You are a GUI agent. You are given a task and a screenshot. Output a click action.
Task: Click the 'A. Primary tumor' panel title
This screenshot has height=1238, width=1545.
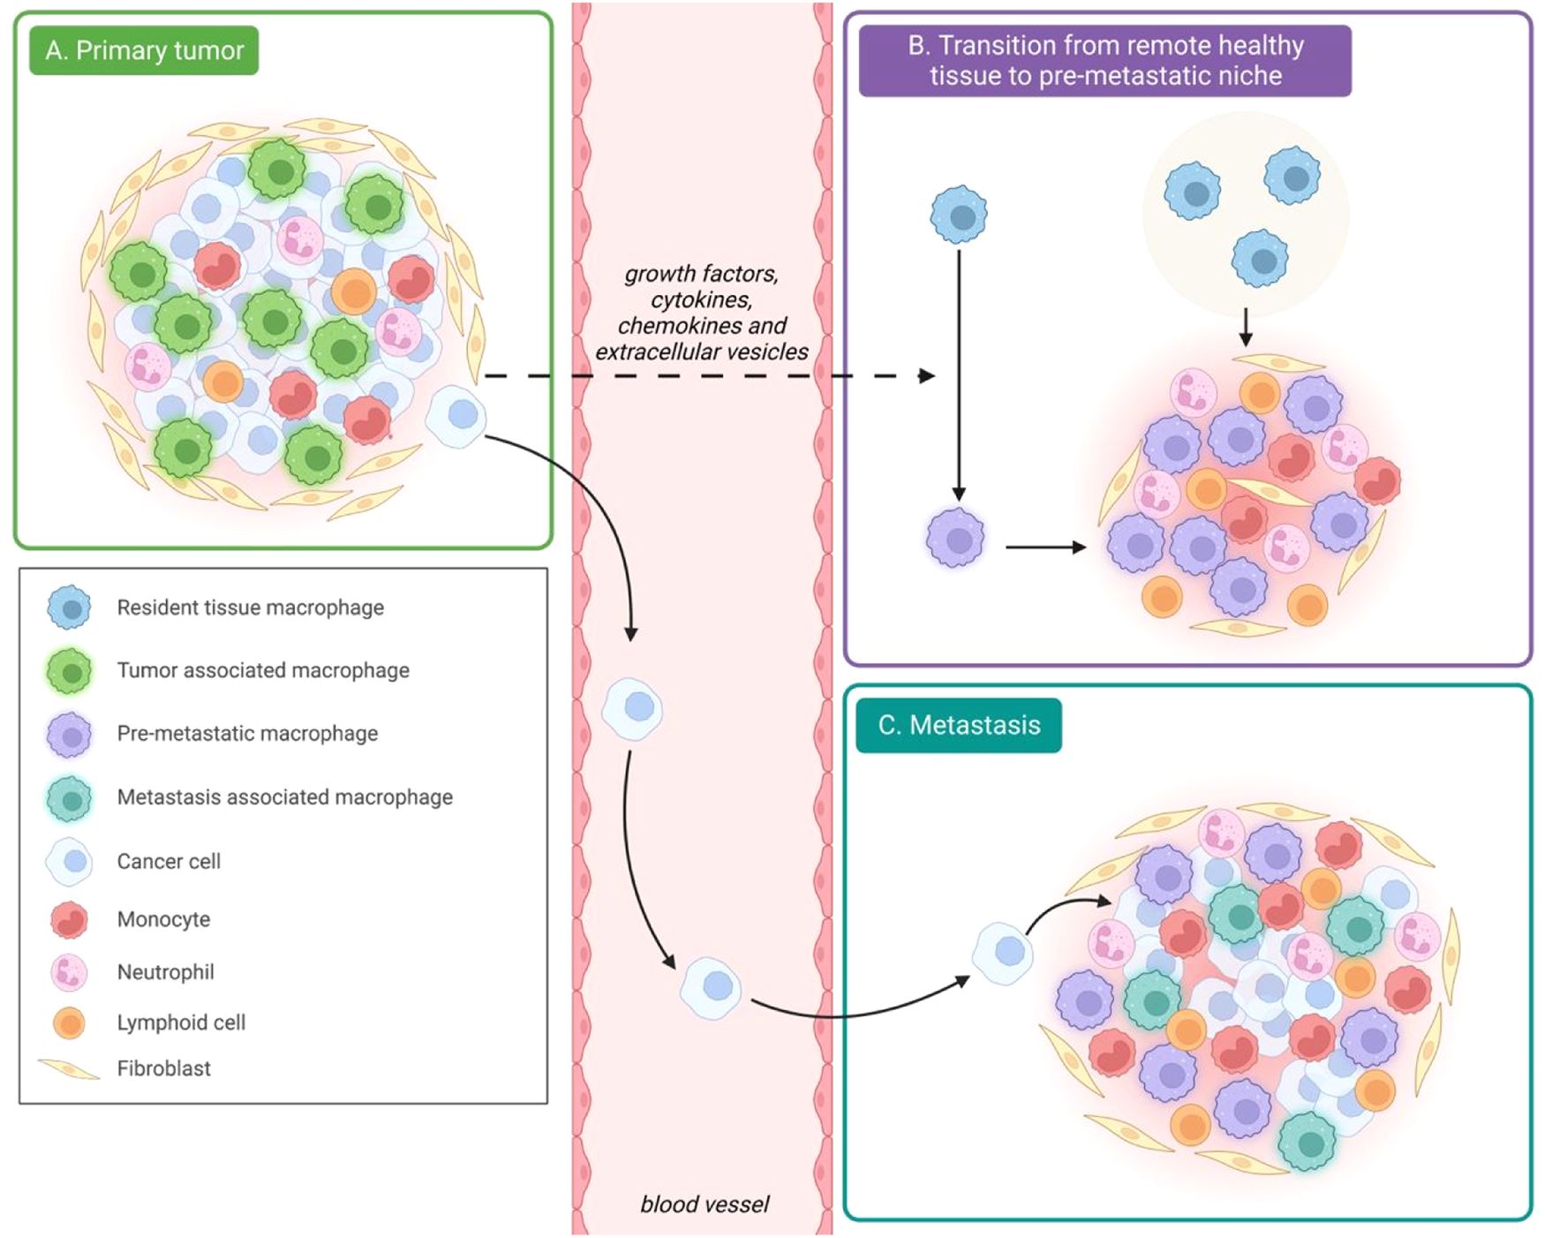(x=144, y=50)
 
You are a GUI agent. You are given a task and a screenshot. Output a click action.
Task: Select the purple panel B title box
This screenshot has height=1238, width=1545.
(x=1104, y=60)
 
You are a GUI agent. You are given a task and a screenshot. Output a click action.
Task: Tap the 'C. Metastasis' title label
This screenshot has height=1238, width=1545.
(x=959, y=725)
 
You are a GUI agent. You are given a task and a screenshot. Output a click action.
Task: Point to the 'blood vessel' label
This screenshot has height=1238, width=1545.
(x=704, y=1204)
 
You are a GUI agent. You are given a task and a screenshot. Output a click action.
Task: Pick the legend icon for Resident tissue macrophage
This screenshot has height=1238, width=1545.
(x=70, y=608)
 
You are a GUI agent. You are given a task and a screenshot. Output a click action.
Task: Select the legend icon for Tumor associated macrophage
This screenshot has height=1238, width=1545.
(x=70, y=671)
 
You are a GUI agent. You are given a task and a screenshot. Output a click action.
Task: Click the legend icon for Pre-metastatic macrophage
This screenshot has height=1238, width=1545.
(x=70, y=735)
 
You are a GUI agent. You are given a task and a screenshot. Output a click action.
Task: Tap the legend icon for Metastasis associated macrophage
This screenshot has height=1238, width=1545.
(x=70, y=798)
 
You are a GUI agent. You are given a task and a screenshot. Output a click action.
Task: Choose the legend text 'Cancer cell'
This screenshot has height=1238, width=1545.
(x=169, y=861)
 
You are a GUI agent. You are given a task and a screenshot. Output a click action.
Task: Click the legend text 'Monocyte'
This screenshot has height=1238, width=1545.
(x=163, y=919)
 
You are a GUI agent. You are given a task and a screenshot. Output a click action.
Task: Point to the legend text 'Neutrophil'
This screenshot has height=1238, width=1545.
(x=165, y=972)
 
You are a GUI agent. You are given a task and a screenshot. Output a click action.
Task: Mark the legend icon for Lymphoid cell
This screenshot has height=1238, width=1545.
(x=69, y=1023)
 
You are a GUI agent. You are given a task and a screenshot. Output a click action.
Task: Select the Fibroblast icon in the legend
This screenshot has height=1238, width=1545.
(x=69, y=1068)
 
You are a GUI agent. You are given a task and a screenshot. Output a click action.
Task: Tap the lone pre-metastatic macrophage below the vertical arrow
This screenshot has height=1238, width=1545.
(x=955, y=537)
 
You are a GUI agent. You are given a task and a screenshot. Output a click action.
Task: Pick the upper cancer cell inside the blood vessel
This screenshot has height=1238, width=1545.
(x=632, y=708)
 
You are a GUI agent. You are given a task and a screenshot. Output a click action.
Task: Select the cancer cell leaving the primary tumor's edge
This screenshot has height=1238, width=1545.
(x=456, y=415)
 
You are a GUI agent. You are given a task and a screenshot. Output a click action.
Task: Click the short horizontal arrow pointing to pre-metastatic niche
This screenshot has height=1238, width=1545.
(x=1045, y=547)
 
